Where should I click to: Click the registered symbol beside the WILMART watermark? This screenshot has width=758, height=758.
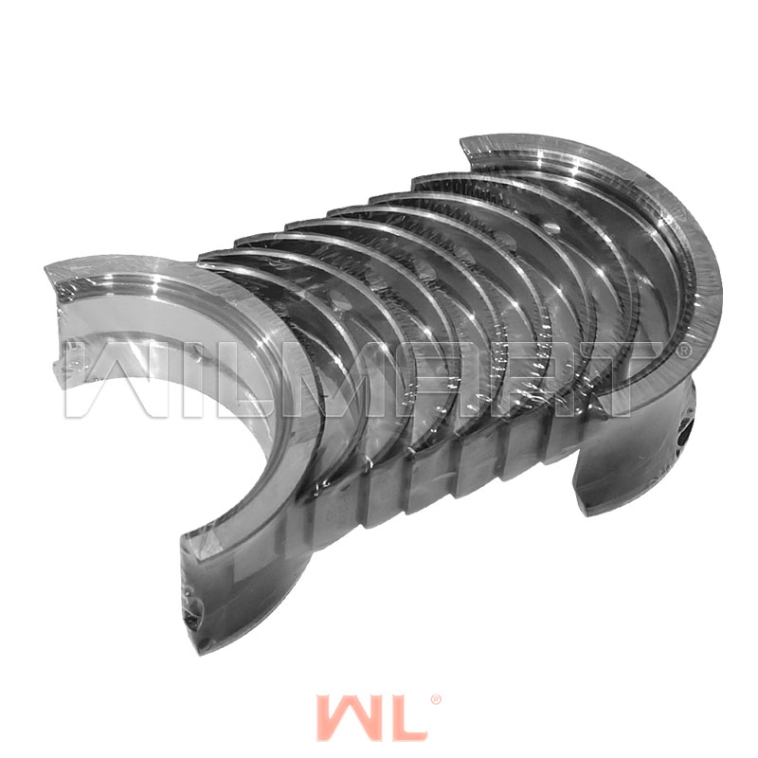pyautogui.click(x=682, y=351)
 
